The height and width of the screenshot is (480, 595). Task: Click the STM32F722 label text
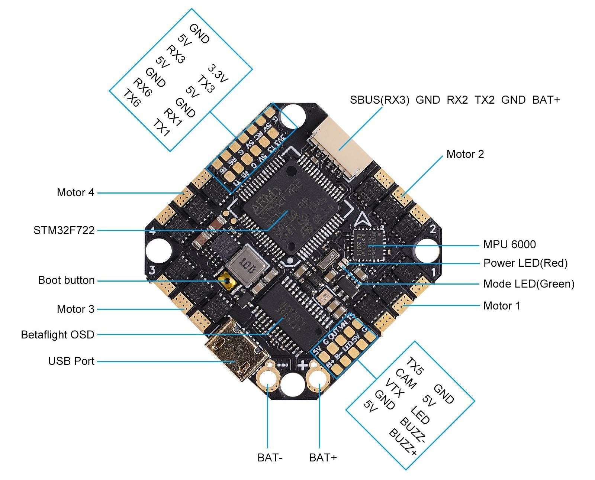click(x=64, y=231)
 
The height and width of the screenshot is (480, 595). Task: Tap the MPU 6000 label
click(x=509, y=244)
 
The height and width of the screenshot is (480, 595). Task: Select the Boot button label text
click(x=66, y=280)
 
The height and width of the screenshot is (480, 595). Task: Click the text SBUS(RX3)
click(x=379, y=100)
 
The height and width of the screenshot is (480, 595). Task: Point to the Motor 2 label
click(x=465, y=154)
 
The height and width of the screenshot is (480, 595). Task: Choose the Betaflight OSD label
click(x=58, y=335)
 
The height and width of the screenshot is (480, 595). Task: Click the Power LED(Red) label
click(x=525, y=263)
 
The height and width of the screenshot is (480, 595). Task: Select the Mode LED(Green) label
click(x=528, y=284)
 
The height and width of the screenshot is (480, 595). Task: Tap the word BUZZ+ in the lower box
click(x=403, y=442)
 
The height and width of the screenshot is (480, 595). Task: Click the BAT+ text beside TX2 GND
click(x=546, y=100)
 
